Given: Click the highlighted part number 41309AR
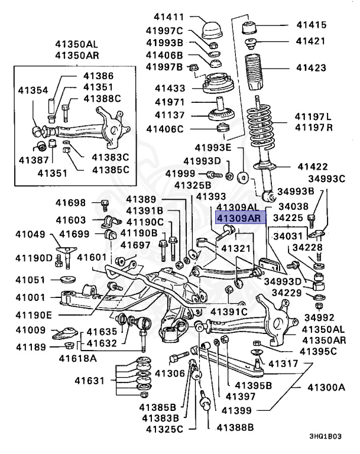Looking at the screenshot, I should pos(238,218).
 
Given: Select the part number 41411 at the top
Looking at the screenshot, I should pos(170,17).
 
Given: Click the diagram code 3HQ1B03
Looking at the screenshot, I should pos(325,437).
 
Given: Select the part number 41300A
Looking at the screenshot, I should pos(325,388).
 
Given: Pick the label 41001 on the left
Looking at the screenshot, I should pos(30,299).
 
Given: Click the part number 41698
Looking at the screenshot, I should pos(71,203).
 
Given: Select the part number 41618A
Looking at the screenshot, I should pos(77,358).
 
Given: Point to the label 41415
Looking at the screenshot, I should pos(312,25).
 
